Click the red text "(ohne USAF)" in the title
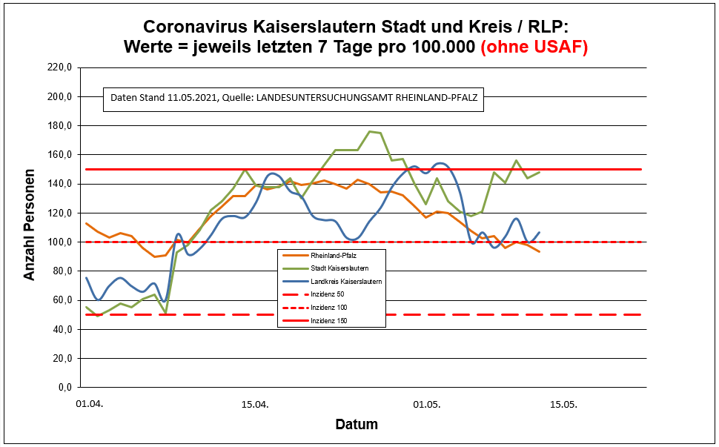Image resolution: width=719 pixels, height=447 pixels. click(x=534, y=47)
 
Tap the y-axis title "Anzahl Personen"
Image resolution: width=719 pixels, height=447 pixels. click(x=30, y=228)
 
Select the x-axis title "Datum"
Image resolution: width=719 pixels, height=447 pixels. click(x=357, y=425)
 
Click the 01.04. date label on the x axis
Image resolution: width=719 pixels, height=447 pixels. click(x=90, y=405)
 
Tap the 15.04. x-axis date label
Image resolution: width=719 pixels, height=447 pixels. click(x=255, y=405)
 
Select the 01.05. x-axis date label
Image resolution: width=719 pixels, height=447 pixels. click(x=426, y=405)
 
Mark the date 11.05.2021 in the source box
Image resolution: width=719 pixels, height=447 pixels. click(x=192, y=98)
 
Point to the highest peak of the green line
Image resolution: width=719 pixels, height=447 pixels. click(x=370, y=131)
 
